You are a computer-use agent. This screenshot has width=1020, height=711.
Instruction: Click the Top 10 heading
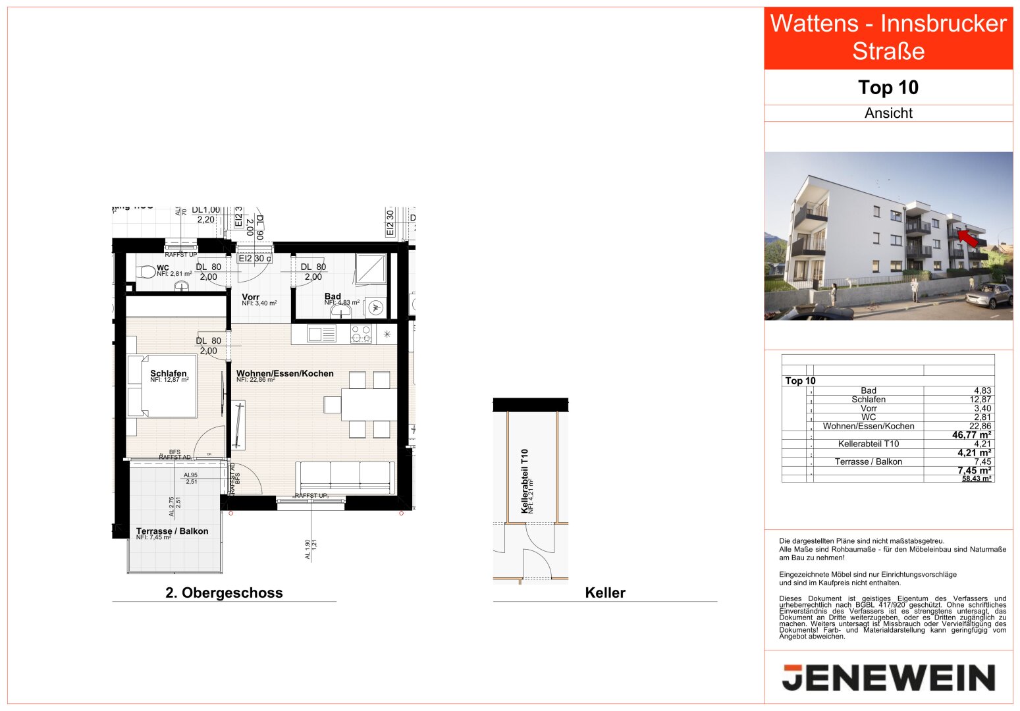coord(888,88)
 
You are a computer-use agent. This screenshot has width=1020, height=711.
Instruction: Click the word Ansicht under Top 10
coord(888,113)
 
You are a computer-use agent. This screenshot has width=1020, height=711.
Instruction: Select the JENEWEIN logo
coord(888,677)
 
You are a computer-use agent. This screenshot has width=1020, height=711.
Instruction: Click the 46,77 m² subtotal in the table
coord(971,435)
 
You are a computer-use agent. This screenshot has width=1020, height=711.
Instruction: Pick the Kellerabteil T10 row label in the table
coord(868,444)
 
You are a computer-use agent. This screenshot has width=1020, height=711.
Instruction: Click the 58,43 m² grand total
coord(976,479)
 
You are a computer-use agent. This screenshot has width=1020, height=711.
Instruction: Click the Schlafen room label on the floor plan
coord(169,373)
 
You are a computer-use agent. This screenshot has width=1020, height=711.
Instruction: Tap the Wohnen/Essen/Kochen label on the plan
coord(284,373)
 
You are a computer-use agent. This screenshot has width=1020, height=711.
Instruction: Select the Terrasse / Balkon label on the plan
coord(172,531)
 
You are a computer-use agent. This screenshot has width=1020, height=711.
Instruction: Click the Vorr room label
coord(250,297)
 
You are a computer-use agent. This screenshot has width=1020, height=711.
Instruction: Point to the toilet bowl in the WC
coord(146,271)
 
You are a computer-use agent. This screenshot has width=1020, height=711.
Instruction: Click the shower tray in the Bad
coord(371,269)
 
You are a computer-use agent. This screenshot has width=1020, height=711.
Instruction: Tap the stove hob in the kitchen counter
coord(361,334)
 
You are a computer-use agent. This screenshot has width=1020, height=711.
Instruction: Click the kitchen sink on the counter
coord(321,334)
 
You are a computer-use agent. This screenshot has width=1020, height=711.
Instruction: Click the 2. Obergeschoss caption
coord(224,592)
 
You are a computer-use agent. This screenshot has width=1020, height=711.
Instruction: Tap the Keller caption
coord(604,592)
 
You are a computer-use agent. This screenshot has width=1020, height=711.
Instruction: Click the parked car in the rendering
coord(990,296)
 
